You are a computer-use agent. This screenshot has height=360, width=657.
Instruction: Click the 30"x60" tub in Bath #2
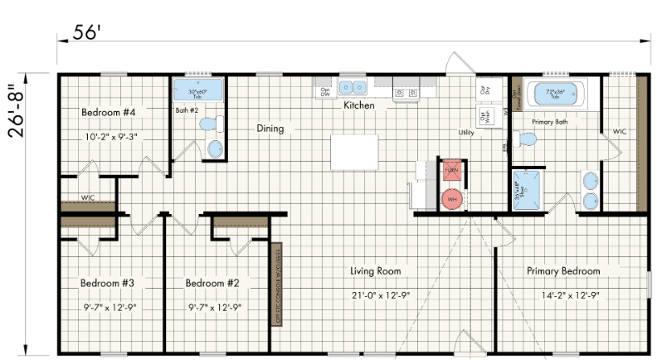pyautogui.click(x=199, y=93)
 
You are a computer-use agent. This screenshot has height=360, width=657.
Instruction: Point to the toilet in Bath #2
pyautogui.click(x=210, y=124)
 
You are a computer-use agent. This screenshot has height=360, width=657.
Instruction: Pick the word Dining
pyautogui.click(x=270, y=129)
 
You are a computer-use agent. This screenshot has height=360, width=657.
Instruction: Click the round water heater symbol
pyautogui.click(x=452, y=199)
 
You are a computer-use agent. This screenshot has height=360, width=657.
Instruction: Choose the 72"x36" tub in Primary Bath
pyautogui.click(x=553, y=95)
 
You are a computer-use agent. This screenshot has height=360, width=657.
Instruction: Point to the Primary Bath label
pyautogui.click(x=549, y=121)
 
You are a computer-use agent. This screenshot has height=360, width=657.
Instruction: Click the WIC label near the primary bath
pyautogui.click(x=620, y=132)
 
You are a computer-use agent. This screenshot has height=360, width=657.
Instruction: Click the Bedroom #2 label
pyautogui.click(x=212, y=284)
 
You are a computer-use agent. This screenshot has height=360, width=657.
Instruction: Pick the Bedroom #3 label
pyautogui.click(x=108, y=284)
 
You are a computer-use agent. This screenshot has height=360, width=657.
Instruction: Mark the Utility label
pyautogui.click(x=465, y=133)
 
